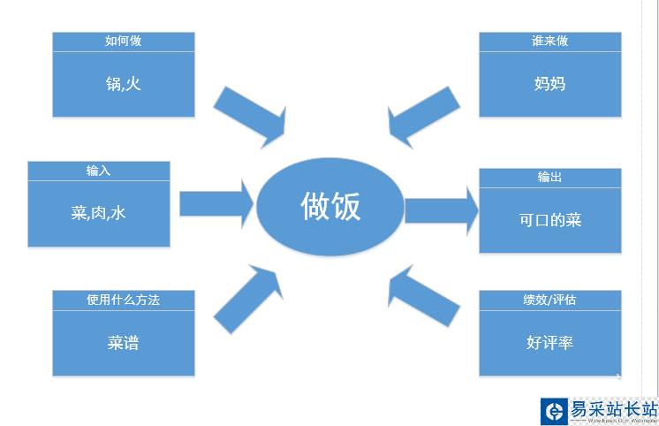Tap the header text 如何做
pos(123,41)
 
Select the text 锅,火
pos(123,84)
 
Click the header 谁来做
pos(549,41)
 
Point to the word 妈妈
pos(549,84)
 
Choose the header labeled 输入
pos(98,171)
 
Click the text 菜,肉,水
pos(98,213)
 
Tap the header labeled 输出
pos(549,177)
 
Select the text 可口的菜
pos(549,220)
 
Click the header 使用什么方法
pos(123,300)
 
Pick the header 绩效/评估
pos(549,300)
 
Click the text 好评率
pos(549,342)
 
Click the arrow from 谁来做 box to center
pos(423,115)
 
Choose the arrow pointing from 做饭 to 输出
pos(441,210)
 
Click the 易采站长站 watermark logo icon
pos(554,411)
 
